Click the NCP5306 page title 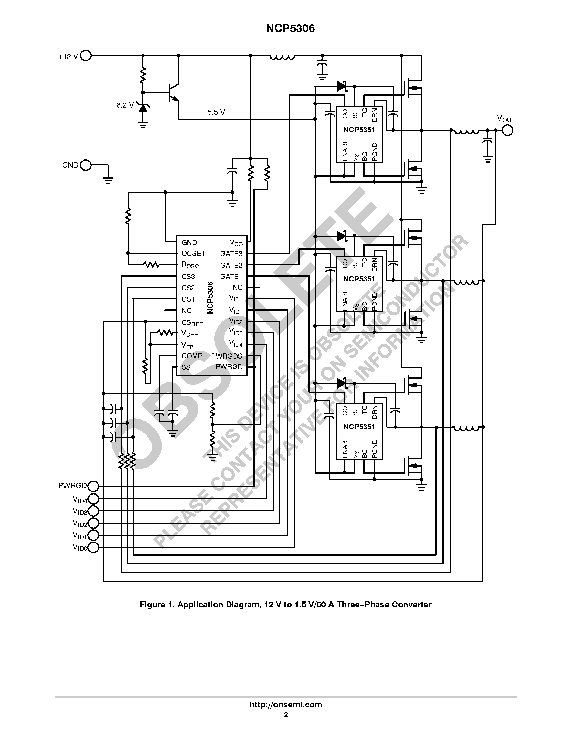[x=290, y=29]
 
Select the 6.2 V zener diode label [x=125, y=105]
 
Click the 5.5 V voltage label [x=216, y=112]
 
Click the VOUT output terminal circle [x=507, y=130]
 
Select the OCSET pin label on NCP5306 [x=194, y=253]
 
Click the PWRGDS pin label [x=227, y=356]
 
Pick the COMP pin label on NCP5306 [x=192, y=356]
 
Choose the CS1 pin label [x=188, y=299]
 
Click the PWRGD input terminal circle [x=93, y=486]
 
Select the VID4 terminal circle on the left [x=93, y=499]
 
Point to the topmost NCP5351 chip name [x=359, y=130]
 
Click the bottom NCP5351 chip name [x=359, y=427]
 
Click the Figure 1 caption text [x=286, y=605]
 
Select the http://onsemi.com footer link [x=286, y=704]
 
